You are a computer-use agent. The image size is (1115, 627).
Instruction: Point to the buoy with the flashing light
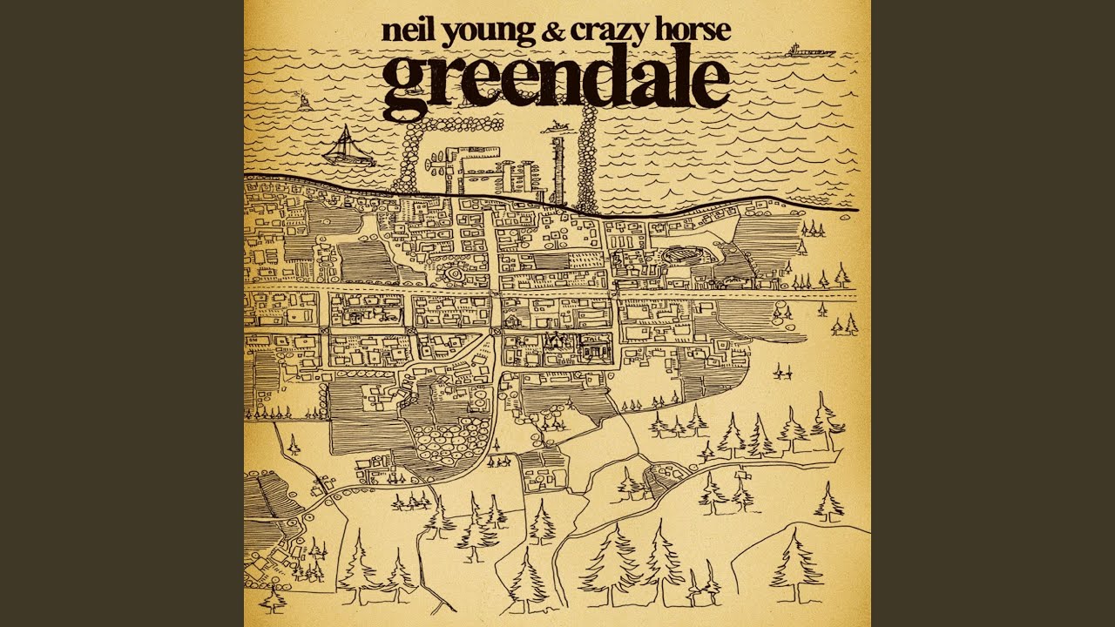pyautogui.click(x=304, y=100)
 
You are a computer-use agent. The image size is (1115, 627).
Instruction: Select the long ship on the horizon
pyautogui.click(x=809, y=51)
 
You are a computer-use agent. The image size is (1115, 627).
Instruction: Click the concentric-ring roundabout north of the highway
pyautogui.click(x=454, y=273)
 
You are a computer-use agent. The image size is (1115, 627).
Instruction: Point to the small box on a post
pyautogui.click(x=746, y=476)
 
